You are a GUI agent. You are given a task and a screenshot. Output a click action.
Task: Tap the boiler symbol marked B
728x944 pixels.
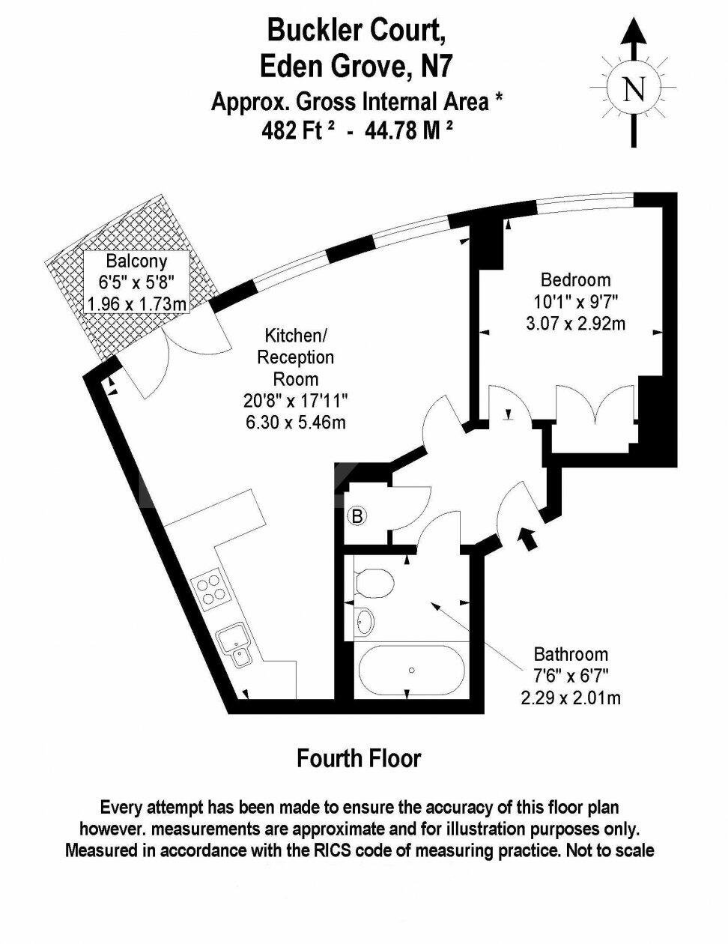tap(358, 515)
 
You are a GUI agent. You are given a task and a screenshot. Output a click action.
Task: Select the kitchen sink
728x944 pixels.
tap(235, 646)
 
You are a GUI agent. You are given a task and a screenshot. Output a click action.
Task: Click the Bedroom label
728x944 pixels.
tap(575, 280)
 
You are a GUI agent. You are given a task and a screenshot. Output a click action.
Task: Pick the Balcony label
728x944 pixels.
tap(136, 261)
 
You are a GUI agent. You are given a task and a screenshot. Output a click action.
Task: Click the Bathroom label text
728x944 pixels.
tap(571, 654)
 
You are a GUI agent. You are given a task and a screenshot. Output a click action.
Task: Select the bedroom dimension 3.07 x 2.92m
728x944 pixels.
tap(575, 324)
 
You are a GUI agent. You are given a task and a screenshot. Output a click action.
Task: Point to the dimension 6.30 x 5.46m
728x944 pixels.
tap(296, 422)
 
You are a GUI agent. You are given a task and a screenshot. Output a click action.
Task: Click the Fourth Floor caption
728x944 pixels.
tap(359, 758)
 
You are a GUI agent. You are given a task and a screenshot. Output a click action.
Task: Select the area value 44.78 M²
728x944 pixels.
tap(408, 130)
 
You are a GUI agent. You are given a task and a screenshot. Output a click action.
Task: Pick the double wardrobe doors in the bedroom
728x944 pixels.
tap(594, 408)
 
